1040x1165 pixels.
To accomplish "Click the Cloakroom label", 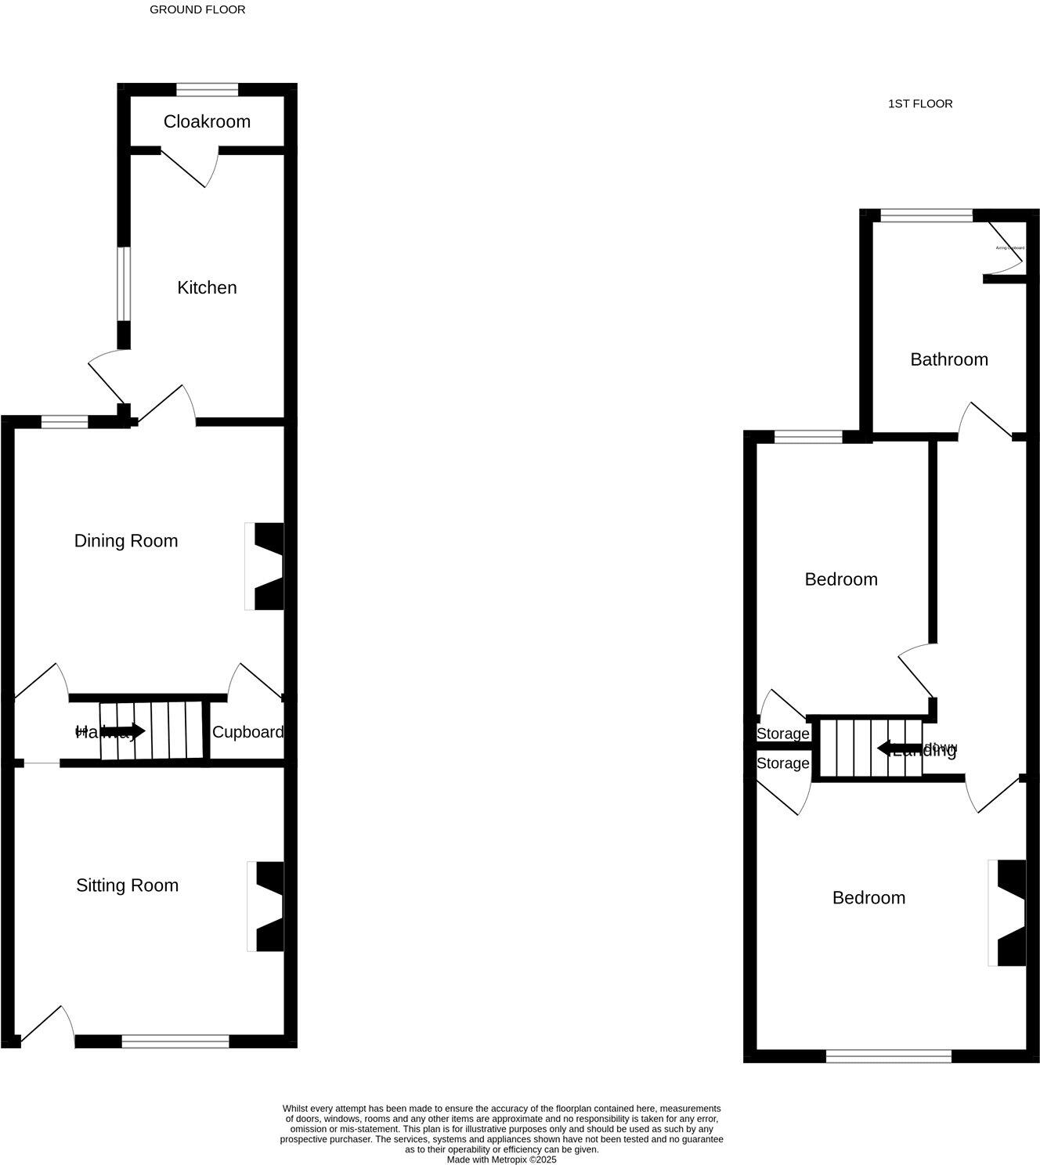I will [x=207, y=121].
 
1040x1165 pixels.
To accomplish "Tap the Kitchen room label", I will [x=207, y=287].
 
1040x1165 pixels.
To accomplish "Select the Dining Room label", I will [x=125, y=541].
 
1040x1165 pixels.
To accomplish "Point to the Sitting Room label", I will [x=127, y=885].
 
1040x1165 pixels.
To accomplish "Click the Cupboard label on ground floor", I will [x=247, y=732].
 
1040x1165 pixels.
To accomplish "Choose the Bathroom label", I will [x=948, y=359].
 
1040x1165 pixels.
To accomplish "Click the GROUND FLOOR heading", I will [x=197, y=10].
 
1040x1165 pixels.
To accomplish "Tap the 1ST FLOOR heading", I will [x=919, y=103].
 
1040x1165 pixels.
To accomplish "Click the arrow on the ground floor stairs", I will [x=125, y=732].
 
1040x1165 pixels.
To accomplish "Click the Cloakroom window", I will [x=207, y=89].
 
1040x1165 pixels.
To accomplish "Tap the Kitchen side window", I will [x=124, y=284].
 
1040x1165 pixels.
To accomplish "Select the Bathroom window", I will [x=926, y=216].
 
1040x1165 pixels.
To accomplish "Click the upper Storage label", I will [x=782, y=734].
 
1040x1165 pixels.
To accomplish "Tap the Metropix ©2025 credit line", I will [x=501, y=1160].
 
